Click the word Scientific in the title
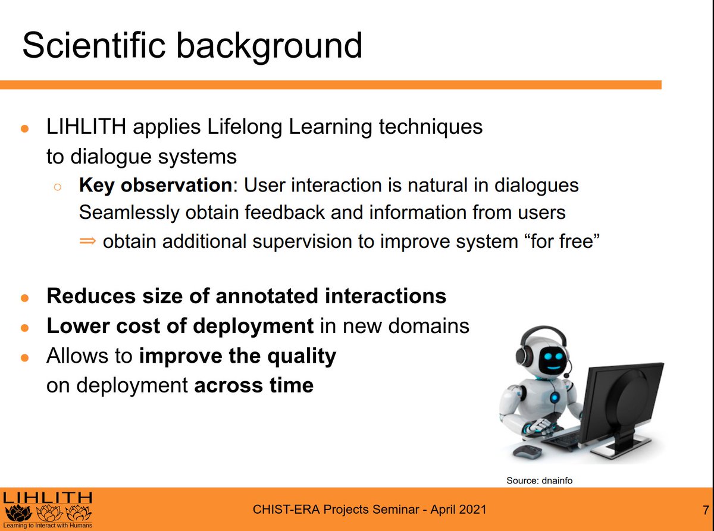click(x=94, y=45)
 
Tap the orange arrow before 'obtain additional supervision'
click(x=87, y=240)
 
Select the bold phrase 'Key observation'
click(x=155, y=186)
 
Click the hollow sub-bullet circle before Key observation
click(x=58, y=187)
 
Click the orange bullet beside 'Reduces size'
click(x=25, y=298)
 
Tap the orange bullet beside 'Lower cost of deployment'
click(x=25, y=328)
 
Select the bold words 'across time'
click(x=254, y=385)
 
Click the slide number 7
click(x=706, y=510)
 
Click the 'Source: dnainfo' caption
click(x=539, y=480)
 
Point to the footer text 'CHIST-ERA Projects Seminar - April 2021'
click(x=369, y=510)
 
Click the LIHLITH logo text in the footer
click(x=48, y=498)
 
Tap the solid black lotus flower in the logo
click(x=18, y=513)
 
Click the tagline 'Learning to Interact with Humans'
click(x=48, y=526)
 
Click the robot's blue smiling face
click(x=553, y=360)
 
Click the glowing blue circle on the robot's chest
click(x=555, y=397)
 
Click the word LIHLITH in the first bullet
click(x=86, y=127)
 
